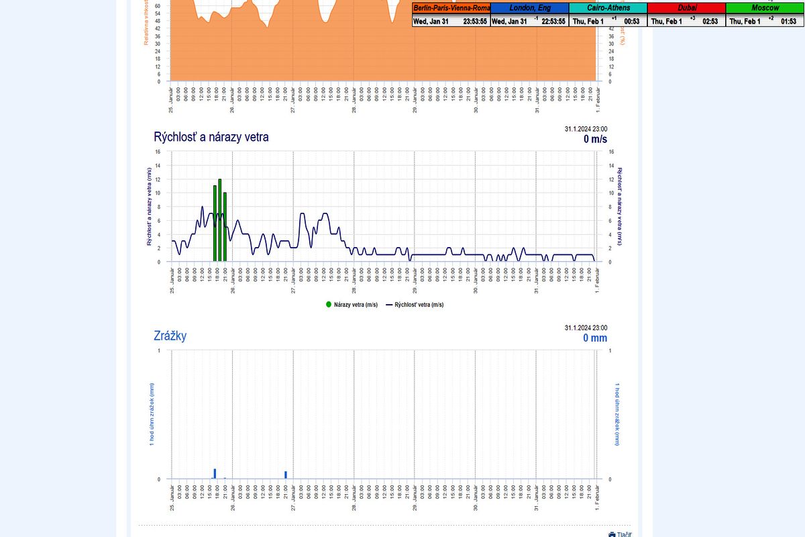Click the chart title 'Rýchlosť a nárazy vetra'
coord(211,137)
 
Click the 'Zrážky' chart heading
coord(170,336)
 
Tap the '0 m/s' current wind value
coord(595,139)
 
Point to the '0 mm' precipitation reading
coord(595,338)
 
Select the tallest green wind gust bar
coord(220,220)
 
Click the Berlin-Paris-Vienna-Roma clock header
coord(451,8)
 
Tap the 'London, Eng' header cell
coord(529,8)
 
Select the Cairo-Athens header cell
coord(608,8)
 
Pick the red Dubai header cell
coord(686,8)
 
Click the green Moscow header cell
coord(765,8)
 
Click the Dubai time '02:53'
coord(710,21)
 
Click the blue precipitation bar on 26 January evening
coord(286,475)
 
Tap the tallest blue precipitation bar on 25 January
coord(215,474)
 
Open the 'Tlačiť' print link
coord(621,534)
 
